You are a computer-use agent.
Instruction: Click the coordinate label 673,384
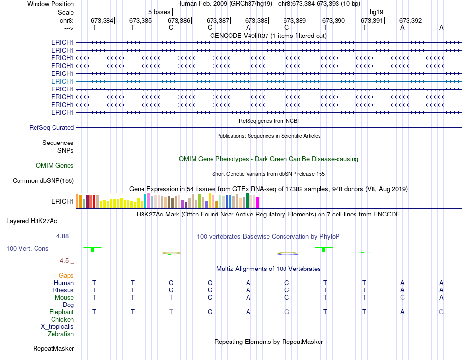[x=102, y=20]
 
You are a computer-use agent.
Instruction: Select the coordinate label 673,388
[x=256, y=20]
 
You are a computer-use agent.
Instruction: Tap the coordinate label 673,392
[x=410, y=20]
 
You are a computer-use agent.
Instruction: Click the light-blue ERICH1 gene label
[x=62, y=81]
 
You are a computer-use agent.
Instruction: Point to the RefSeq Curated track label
[x=52, y=127]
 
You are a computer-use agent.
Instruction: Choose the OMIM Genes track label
[x=55, y=166]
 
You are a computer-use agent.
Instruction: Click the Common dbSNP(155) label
[x=43, y=181]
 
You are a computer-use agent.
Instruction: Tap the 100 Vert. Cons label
[x=27, y=248]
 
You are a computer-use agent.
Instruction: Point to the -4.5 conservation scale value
[x=64, y=261]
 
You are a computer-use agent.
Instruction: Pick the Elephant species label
[x=61, y=312]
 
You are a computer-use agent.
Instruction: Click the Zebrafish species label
[x=61, y=334]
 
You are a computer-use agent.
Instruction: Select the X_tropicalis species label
[x=57, y=327]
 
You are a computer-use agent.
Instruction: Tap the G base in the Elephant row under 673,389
[x=287, y=312]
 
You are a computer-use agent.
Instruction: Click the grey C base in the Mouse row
[x=402, y=297]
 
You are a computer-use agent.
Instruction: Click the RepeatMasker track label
[x=53, y=349]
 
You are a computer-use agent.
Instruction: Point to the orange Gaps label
[x=66, y=275]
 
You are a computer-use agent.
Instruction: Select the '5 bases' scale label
[x=159, y=12]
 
